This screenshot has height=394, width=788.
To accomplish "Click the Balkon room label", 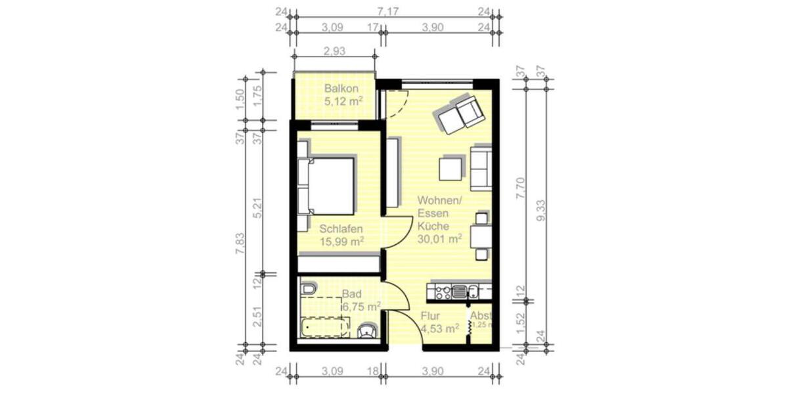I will pyautogui.click(x=341, y=89).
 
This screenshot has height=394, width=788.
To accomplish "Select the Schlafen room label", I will pyautogui.click(x=341, y=229).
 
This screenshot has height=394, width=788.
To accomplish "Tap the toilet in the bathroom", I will pyautogui.click(x=368, y=330).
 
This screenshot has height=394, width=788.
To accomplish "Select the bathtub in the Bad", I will pyautogui.click(x=324, y=327).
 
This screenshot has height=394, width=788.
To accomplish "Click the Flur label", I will pyautogui.click(x=431, y=316).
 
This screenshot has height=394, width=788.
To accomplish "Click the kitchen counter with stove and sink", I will pyautogui.click(x=458, y=290).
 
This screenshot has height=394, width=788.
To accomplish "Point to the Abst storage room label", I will pyautogui.click(x=481, y=316).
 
